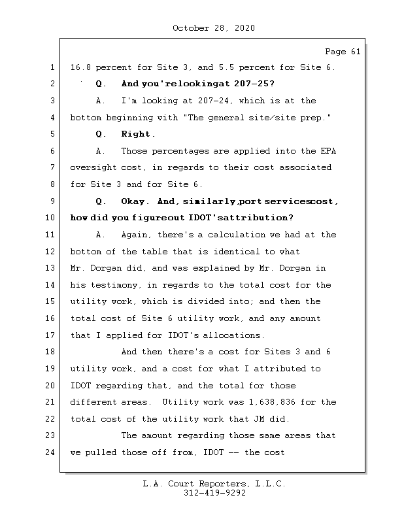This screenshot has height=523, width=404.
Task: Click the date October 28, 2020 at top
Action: pos(214,28)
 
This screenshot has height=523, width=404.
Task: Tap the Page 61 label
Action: pos(343,52)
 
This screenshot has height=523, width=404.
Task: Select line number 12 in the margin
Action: pos(50,252)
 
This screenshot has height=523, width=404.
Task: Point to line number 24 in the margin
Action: pos(50,452)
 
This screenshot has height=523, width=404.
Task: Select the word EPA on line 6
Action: pos(328,151)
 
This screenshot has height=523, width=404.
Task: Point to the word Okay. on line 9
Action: pos(136,201)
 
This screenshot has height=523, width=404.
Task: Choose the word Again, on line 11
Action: pos(137,235)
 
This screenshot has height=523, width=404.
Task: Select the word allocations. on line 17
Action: pos(233,335)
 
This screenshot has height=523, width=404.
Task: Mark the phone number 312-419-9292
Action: pos(214,494)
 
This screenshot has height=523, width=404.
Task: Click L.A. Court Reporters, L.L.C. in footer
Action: pos(214,484)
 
